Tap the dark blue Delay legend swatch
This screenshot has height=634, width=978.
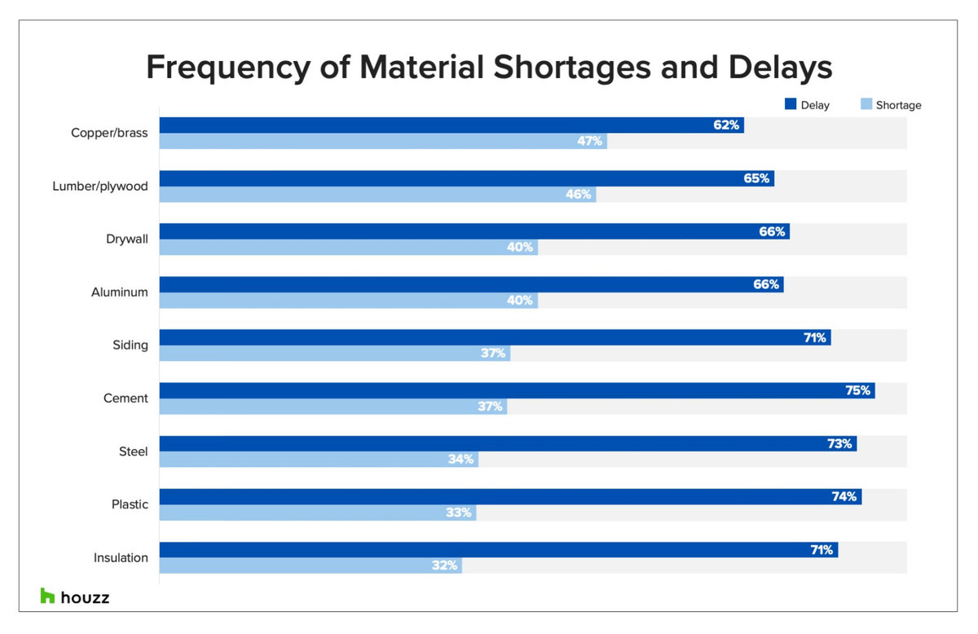tap(790, 104)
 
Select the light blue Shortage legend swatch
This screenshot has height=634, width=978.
tap(866, 104)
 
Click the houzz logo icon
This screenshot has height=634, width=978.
tap(47, 597)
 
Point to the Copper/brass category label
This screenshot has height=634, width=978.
tap(109, 133)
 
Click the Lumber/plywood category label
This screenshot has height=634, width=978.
tap(100, 186)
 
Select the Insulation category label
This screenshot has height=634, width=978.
tap(121, 557)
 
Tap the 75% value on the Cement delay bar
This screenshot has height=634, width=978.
tap(857, 390)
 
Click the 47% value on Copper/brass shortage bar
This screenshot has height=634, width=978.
tap(589, 141)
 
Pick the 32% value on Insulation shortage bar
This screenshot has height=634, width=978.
tap(445, 565)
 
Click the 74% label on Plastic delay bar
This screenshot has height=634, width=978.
tap(844, 496)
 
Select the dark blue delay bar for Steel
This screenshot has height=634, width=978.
tap(489, 443)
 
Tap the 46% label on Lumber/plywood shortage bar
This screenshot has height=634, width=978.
tap(578, 194)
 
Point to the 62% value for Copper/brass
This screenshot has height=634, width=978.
tap(726, 125)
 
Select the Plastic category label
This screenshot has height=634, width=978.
tap(130, 504)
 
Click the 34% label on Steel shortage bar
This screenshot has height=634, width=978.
tap(460, 459)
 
